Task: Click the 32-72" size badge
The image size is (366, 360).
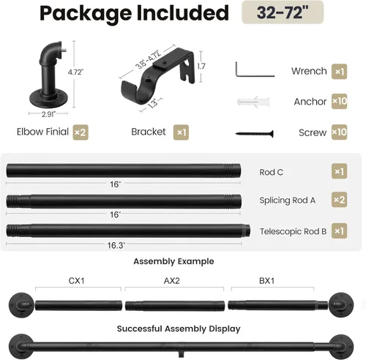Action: [x=283, y=12]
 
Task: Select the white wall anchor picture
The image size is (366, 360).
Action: [x=253, y=102]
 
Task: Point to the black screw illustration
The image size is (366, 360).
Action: [x=254, y=133]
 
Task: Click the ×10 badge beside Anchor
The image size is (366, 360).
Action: [x=339, y=101]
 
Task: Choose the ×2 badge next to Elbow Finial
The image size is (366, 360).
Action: [x=81, y=132]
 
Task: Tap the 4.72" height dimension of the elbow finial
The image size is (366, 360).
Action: [x=75, y=72]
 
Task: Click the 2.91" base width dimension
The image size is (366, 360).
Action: [x=48, y=114]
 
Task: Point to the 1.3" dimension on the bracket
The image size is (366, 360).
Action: [x=153, y=103]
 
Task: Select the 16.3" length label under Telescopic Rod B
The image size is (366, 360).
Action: [x=116, y=245]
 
